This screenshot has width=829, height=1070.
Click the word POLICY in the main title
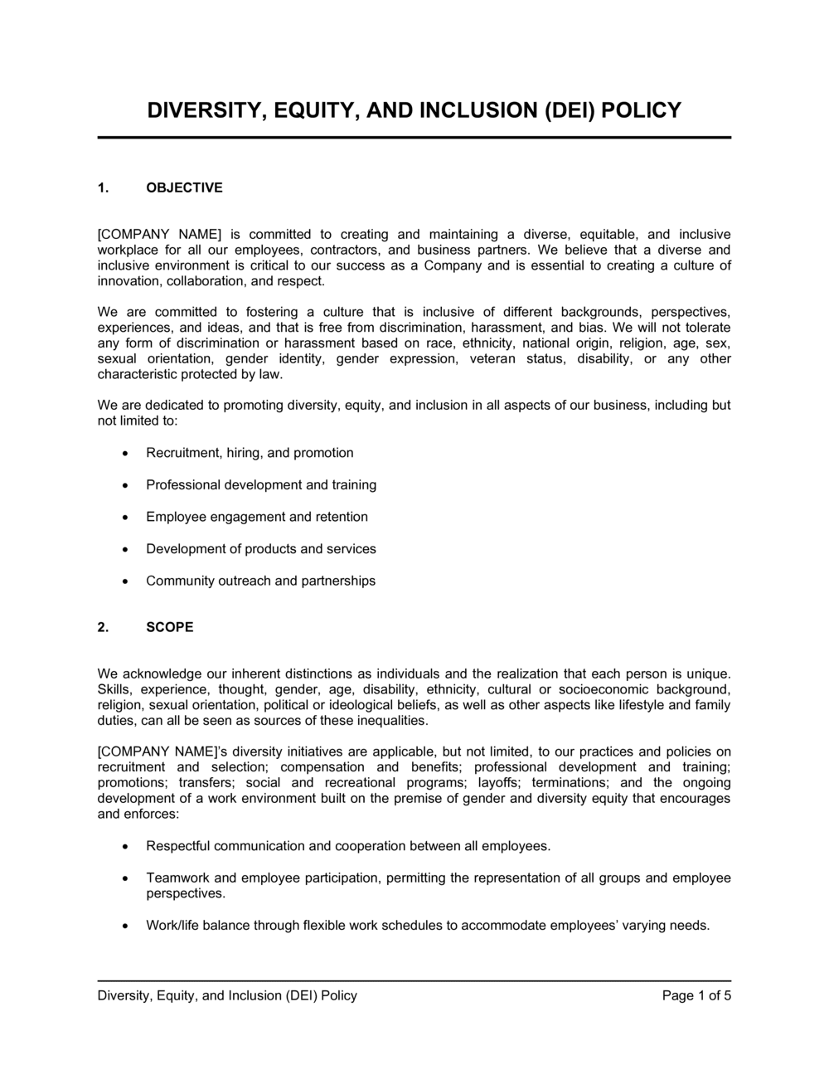click(x=641, y=110)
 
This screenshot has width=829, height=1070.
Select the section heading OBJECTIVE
click(x=184, y=187)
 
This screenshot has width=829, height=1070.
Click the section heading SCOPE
click(x=169, y=627)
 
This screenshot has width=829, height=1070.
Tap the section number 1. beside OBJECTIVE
click(x=104, y=187)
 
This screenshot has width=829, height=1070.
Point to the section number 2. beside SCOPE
click(x=104, y=627)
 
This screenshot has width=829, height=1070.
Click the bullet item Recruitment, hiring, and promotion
click(x=250, y=453)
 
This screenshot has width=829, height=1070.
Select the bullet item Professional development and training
click(x=261, y=484)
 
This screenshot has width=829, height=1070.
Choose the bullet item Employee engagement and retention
click(x=257, y=517)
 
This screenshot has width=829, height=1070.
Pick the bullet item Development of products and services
click(x=261, y=549)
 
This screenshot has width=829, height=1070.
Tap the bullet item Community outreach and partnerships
click(x=260, y=581)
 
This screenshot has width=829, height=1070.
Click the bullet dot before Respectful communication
click(x=125, y=847)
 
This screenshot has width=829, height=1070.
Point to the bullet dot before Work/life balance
click(x=125, y=927)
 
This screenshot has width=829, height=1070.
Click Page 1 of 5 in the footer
click(x=696, y=995)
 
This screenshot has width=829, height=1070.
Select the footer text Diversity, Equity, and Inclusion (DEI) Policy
click(x=227, y=995)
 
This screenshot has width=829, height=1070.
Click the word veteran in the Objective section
click(x=492, y=358)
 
